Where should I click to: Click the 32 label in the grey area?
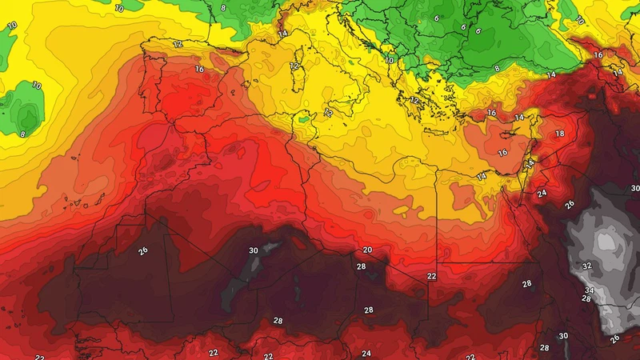tap(586, 266)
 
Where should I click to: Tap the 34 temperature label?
tap(589, 290)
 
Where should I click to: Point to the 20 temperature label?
tap(367, 250)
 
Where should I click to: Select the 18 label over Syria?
tap(559, 134)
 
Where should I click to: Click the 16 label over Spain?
tap(199, 70)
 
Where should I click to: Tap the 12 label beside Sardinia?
tap(294, 66)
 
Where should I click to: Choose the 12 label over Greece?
tap(414, 101)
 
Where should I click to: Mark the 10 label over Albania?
tap(389, 60)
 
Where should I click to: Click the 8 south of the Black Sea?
tap(497, 69)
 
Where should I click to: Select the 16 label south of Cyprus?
tap(503, 153)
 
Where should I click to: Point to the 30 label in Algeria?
tap(254, 250)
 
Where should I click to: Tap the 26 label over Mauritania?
tap(143, 250)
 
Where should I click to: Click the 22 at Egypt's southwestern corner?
tap(432, 276)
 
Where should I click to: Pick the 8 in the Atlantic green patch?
tap(22, 134)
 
